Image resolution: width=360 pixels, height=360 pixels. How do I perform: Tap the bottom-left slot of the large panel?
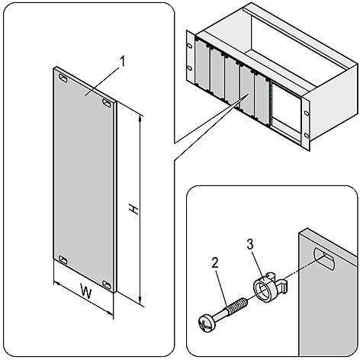click(x=62, y=258)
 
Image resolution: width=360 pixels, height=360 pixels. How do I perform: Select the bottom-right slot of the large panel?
click(x=108, y=285)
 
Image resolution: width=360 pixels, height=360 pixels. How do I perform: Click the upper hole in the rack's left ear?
click(x=190, y=43)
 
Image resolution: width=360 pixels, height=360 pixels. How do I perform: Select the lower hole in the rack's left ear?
click(x=190, y=79)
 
